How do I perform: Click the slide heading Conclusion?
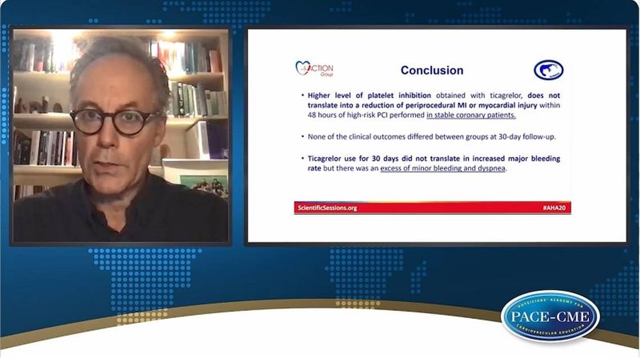coord(432,70)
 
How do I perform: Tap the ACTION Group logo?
coord(314,69)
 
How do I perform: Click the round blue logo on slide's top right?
coord(548,70)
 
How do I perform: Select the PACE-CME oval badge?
coord(550,316)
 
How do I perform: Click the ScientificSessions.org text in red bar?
coord(327,208)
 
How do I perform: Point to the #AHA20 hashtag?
coord(555,208)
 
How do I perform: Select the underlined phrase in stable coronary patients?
coord(471,115)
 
